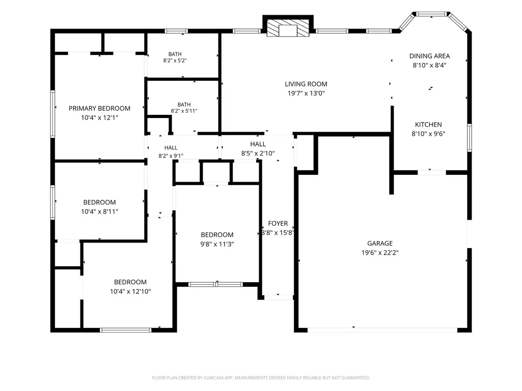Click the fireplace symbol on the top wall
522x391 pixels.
click(x=288, y=27)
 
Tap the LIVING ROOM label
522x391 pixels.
click(x=306, y=84)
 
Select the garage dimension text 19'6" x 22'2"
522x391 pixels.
click(x=380, y=252)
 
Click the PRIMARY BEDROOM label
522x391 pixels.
click(x=99, y=108)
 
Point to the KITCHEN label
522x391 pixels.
click(x=428, y=125)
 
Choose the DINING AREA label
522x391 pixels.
click(x=429, y=56)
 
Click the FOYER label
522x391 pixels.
click(x=278, y=223)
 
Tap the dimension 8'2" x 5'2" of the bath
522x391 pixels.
click(x=175, y=61)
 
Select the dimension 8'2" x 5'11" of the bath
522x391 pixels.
click(x=184, y=111)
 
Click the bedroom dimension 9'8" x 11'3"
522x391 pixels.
click(x=217, y=244)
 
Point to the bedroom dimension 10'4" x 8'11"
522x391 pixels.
click(x=99, y=212)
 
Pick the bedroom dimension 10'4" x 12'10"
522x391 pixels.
click(x=130, y=291)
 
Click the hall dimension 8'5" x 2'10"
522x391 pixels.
click(x=258, y=153)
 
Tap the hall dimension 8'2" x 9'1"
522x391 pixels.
click(x=171, y=156)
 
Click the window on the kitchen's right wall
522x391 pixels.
click(x=470, y=138)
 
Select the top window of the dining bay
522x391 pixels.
click(x=431, y=14)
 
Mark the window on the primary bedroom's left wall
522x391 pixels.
click(x=52, y=114)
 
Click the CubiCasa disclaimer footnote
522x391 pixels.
click(x=261, y=378)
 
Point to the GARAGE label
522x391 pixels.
click(x=380, y=244)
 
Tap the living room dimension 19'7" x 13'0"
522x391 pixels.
click(x=306, y=94)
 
